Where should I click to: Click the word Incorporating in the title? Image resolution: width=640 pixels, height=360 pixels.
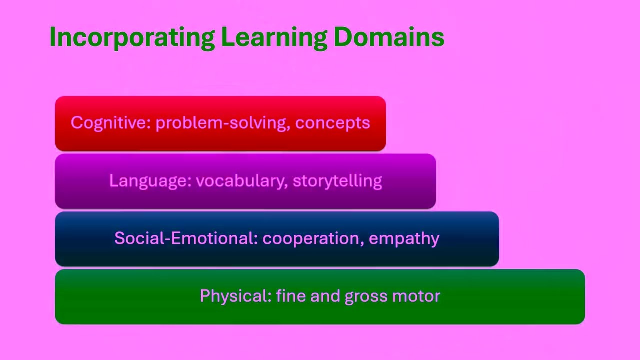132,37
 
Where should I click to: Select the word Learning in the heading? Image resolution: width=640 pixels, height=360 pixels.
274,37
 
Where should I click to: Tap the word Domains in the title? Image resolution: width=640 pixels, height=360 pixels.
388,37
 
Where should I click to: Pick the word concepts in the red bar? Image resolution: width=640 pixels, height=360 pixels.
332,123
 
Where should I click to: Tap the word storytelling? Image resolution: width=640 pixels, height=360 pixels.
337,180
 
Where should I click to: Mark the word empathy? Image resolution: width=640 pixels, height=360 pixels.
404,238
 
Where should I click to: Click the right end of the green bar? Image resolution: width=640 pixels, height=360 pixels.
580,297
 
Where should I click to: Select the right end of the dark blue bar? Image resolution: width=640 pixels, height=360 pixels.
494,239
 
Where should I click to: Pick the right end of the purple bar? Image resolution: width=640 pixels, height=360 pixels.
431,181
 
